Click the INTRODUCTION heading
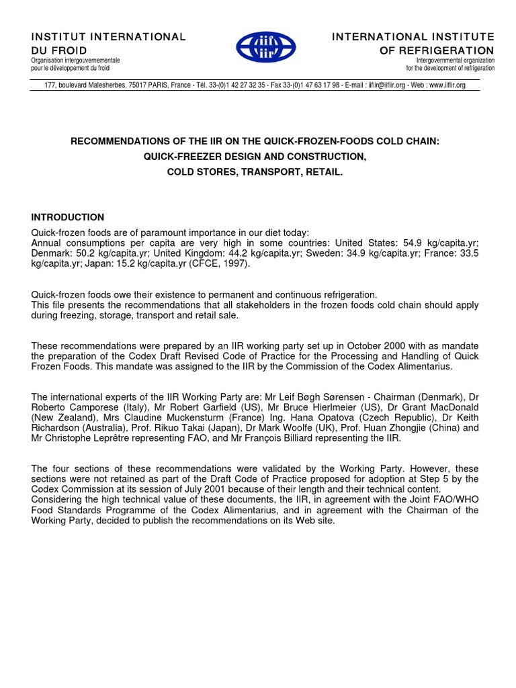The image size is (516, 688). [x=68, y=217]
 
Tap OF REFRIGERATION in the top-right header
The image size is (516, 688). [x=437, y=50]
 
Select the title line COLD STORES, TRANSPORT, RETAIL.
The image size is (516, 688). [x=255, y=172]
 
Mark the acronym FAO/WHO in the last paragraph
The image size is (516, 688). [x=456, y=499]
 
